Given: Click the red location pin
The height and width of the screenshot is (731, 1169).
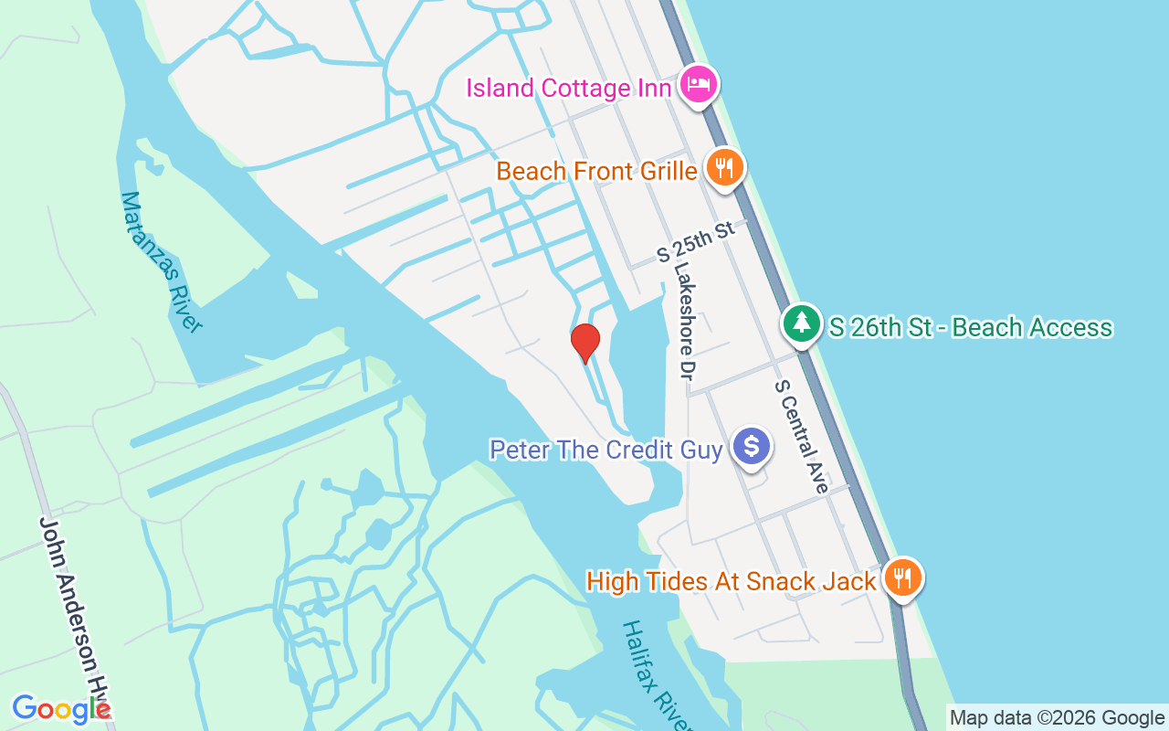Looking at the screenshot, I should [x=584, y=343].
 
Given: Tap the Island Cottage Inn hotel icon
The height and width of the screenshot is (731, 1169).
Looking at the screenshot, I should [x=699, y=86].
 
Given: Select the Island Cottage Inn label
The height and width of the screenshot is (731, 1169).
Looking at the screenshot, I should [x=569, y=89].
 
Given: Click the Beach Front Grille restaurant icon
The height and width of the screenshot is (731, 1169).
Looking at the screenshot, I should [x=724, y=167].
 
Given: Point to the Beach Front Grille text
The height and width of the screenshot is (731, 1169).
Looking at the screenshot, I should [x=596, y=171].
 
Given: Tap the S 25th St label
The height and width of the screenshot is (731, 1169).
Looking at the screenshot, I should [x=697, y=241].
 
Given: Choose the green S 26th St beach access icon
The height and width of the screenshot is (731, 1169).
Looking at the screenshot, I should [x=801, y=323].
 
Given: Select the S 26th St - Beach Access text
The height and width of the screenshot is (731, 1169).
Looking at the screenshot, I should [x=971, y=327].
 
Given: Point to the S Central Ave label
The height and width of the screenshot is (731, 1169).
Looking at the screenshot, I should [x=801, y=436].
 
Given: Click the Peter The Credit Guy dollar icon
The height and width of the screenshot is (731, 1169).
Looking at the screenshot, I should [x=752, y=446].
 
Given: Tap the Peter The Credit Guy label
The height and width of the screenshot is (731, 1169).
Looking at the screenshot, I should [x=606, y=450].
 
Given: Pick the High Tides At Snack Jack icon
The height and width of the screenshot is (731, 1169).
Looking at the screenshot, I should [x=901, y=577].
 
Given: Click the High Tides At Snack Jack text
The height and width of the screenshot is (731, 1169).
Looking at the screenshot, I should [x=732, y=581].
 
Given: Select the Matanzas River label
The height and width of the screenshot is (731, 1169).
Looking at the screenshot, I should [x=161, y=261].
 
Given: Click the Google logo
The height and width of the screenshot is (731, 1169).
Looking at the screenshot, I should [x=60, y=708].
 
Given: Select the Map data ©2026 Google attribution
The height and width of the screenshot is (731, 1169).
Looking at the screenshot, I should [x=1057, y=718].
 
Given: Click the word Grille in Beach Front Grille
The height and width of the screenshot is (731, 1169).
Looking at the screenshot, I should [x=664, y=171].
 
